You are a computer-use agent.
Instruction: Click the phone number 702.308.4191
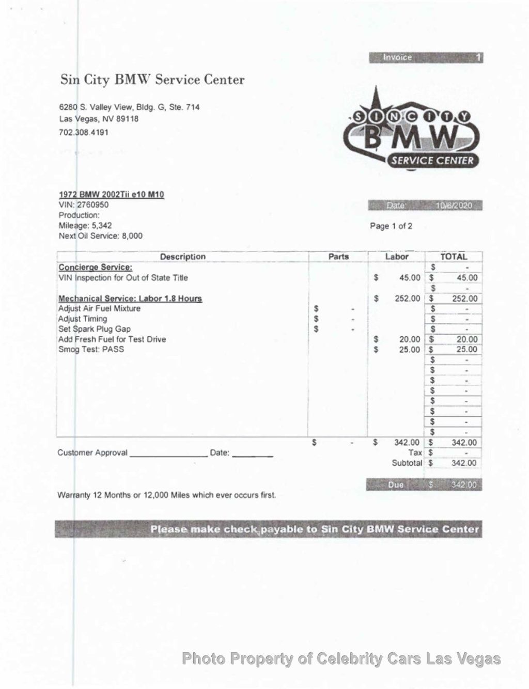coord(84,132)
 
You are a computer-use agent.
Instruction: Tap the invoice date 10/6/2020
coord(454,206)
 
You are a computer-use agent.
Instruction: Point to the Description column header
coord(182,257)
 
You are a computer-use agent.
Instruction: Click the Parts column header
coord(338,257)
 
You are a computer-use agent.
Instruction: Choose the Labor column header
coord(396,257)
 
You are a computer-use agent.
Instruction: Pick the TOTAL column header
coord(454,257)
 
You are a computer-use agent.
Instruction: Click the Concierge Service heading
coord(95,267)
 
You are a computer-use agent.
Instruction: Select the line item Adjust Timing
coord(83,319)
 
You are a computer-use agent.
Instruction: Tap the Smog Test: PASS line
coord(91,349)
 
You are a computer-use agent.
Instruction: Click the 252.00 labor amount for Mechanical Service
coord(407,299)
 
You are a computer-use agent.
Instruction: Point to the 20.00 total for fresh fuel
coord(466,339)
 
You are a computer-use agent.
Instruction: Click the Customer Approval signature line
coord(168,453)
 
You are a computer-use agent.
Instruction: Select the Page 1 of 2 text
coord(391,226)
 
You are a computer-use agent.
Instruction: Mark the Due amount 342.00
coord(465,485)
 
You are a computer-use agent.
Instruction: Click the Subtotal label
coord(407,463)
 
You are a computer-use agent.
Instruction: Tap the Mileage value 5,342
coord(101,225)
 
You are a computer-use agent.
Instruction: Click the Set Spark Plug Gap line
coord(94,329)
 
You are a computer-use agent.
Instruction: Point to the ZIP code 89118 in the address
coord(128,119)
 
